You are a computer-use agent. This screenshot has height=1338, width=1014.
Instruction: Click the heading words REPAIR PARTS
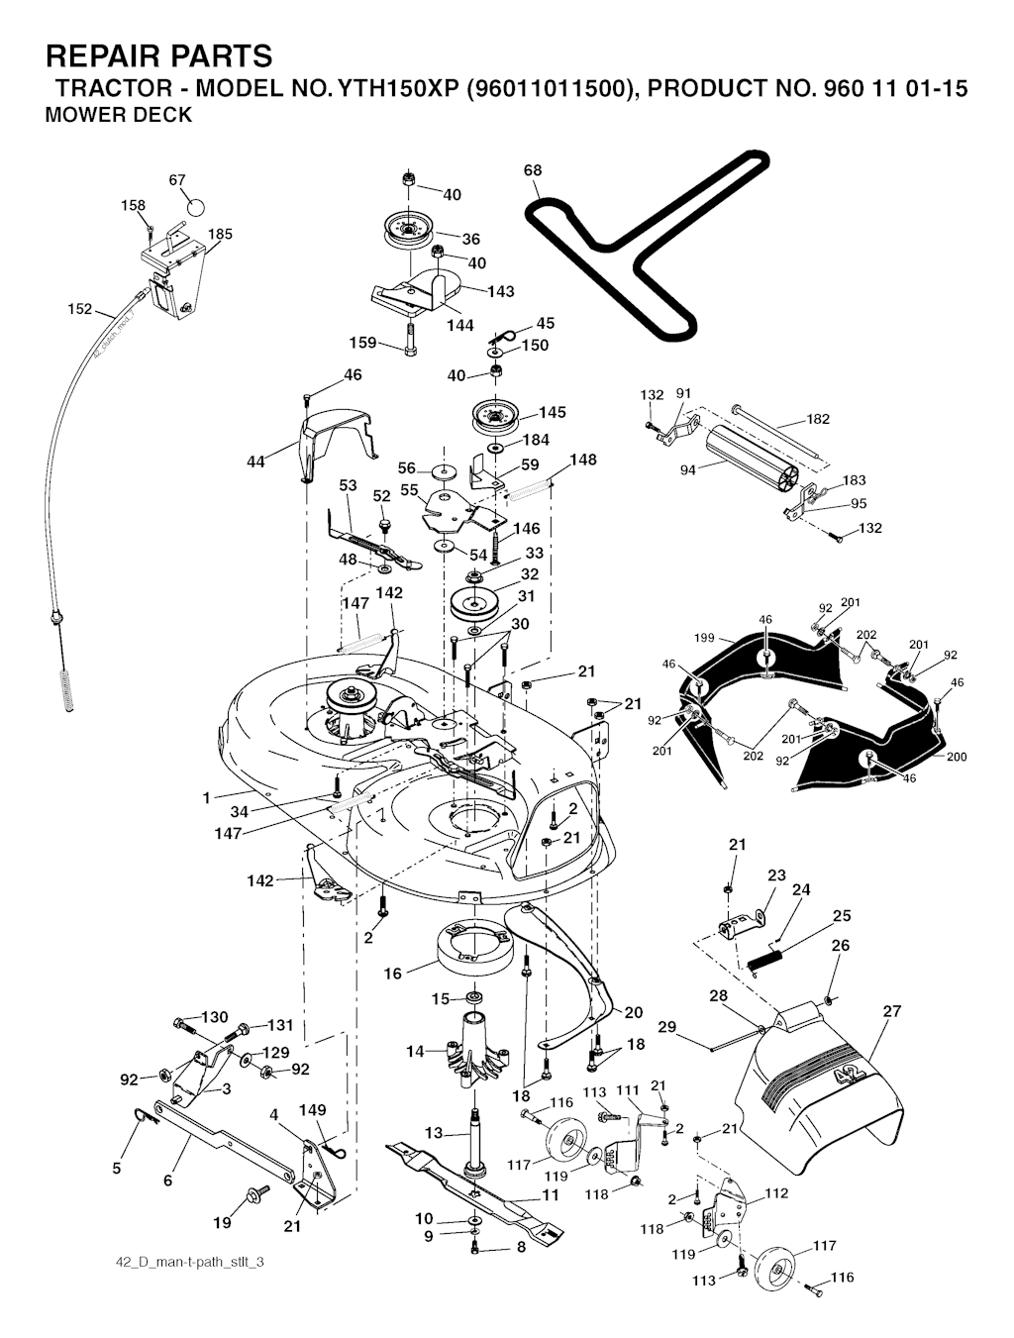pos(158,55)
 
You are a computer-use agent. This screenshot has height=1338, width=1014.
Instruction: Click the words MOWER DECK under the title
pos(119,115)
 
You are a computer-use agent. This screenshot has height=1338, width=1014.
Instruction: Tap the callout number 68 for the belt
pos(533,170)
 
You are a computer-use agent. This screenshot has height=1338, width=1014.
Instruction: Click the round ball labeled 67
pos(196,208)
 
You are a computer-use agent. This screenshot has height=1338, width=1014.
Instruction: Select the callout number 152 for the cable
pos(80,309)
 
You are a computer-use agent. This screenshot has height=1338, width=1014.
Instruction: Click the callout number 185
pos(220,235)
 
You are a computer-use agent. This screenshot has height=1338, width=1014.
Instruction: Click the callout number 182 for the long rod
pos(818,419)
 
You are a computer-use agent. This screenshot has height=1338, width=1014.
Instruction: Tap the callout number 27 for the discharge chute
pos(892,1011)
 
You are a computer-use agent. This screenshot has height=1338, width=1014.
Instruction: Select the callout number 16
pos(393,974)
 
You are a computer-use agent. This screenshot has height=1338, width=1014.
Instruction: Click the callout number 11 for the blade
pos(551,1195)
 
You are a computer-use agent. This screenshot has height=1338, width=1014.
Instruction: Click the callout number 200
pos(957,757)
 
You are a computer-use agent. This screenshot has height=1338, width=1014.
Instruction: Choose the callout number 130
pos(215,1017)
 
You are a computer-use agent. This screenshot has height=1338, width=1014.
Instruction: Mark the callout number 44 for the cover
pos(255,462)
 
